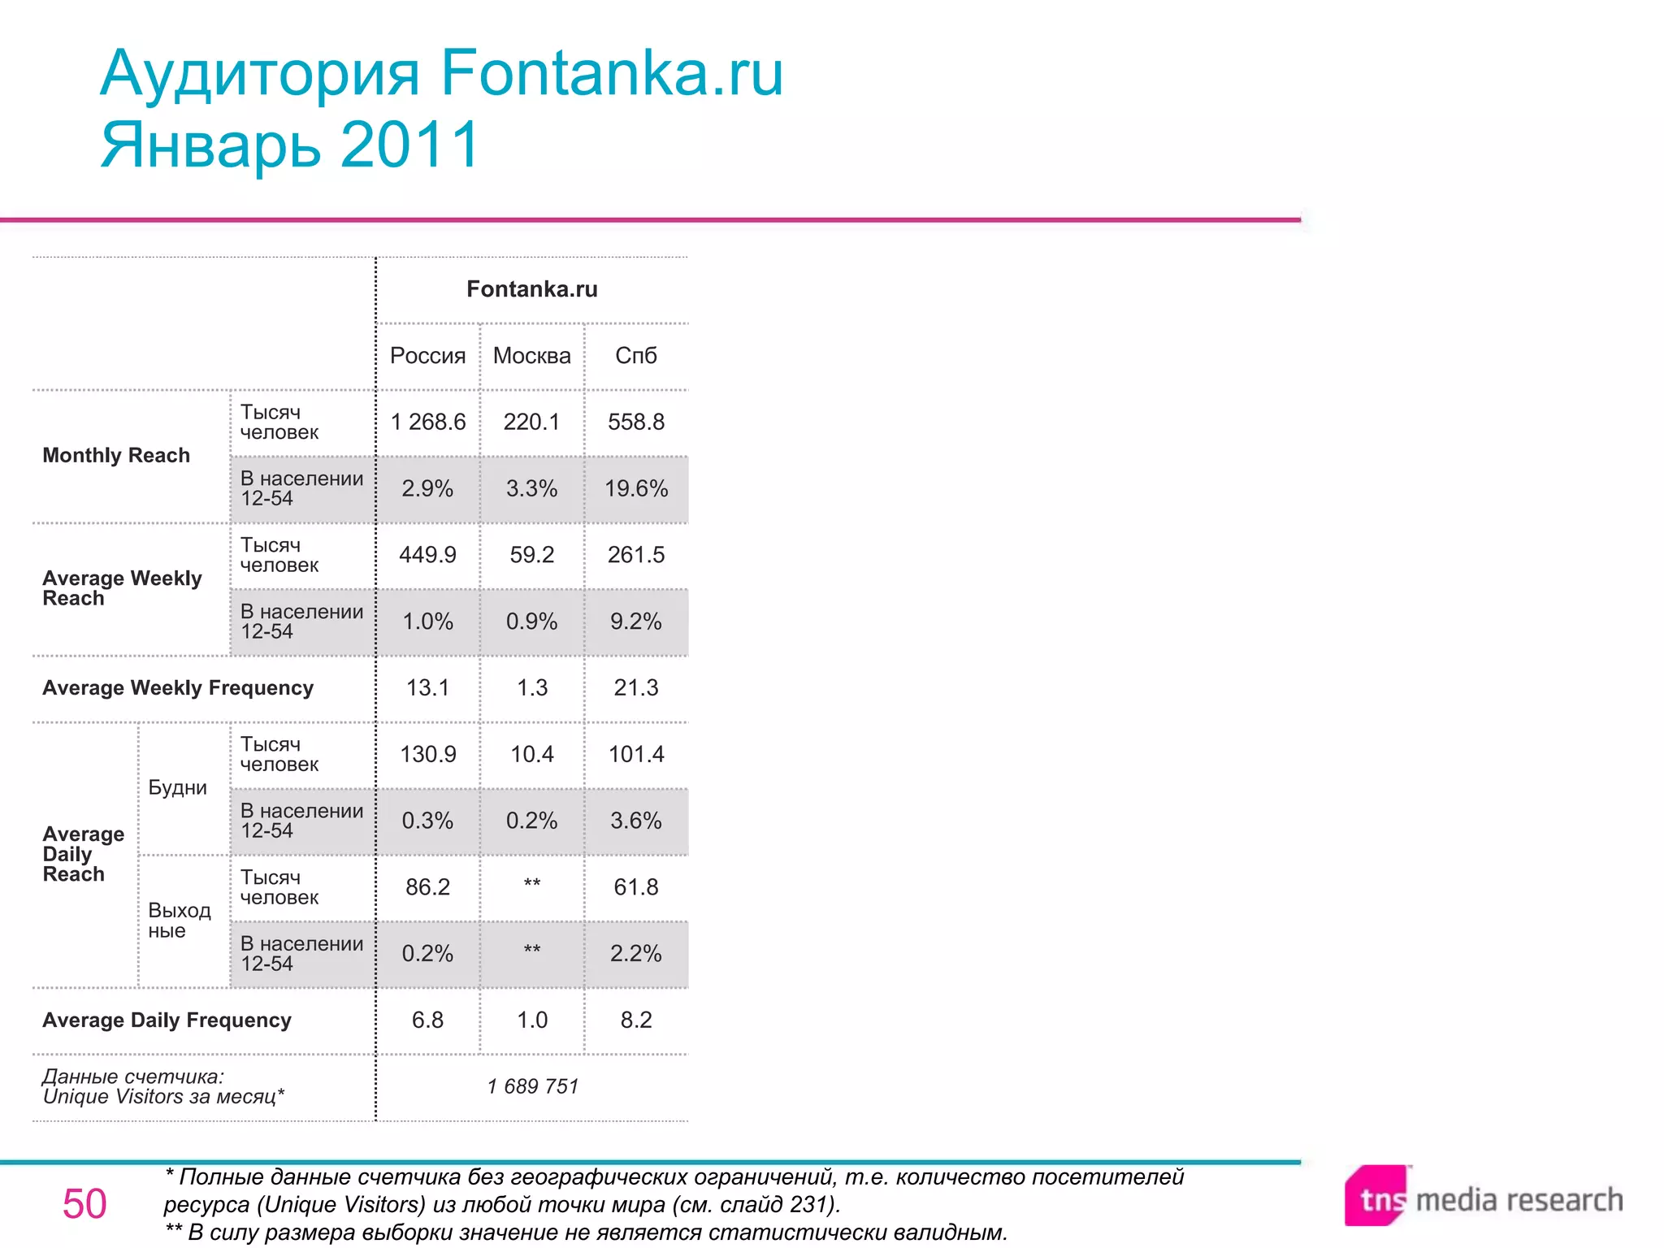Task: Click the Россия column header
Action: pyautogui.click(x=427, y=356)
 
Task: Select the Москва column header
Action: pyautogui.click(x=531, y=356)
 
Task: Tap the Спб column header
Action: pyautogui.click(x=635, y=356)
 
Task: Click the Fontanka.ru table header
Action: pyautogui.click(x=531, y=289)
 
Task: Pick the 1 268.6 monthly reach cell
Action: pyautogui.click(x=427, y=422)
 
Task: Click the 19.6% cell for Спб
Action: pyautogui.click(x=635, y=489)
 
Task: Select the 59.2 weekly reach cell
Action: pyautogui.click(x=531, y=555)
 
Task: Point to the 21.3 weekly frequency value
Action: pyautogui.click(x=635, y=688)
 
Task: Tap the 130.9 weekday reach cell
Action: pyautogui.click(x=427, y=755)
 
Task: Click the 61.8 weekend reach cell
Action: pyautogui.click(x=635, y=887)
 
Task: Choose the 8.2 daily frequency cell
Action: pyautogui.click(x=635, y=1020)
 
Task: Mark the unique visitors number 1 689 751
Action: pyautogui.click(x=532, y=1087)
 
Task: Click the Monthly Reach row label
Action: pyautogui.click(x=116, y=456)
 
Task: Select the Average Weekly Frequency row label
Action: pyautogui.click(x=178, y=688)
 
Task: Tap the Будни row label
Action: pyautogui.click(x=177, y=788)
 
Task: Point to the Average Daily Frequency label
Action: pyautogui.click(x=167, y=1020)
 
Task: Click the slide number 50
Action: pyautogui.click(x=84, y=1204)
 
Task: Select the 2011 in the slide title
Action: pyautogui.click(x=410, y=145)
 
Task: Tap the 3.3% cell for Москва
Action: pyautogui.click(x=531, y=489)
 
